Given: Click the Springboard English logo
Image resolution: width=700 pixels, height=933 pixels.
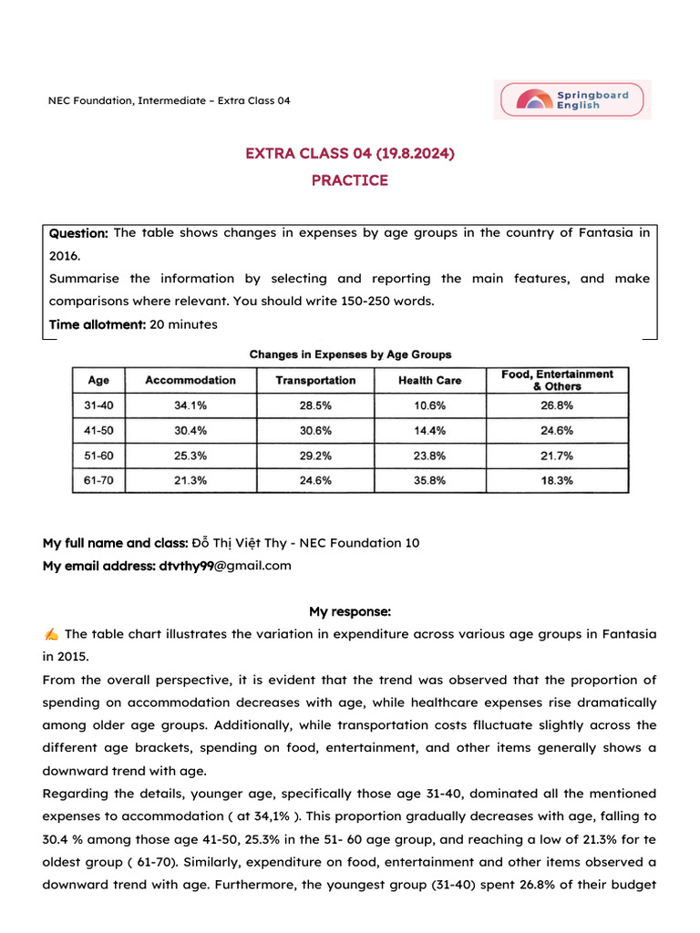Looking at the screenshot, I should [x=573, y=99].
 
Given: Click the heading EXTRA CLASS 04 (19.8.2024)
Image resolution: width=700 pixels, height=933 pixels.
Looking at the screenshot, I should [x=350, y=153].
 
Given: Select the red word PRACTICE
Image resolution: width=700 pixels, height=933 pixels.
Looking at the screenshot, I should [x=350, y=180].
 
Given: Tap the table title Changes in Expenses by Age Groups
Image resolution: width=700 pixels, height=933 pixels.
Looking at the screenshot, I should [x=350, y=354].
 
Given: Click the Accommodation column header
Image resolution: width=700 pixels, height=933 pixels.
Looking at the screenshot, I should [x=190, y=380].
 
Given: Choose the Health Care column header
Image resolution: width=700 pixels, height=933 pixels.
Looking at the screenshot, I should [x=429, y=380].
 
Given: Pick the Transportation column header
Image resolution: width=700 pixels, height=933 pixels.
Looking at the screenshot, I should [x=315, y=380].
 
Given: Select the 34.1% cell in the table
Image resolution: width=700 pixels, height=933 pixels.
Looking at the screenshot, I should [x=190, y=405].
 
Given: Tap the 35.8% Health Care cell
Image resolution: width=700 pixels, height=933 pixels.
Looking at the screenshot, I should [x=429, y=480].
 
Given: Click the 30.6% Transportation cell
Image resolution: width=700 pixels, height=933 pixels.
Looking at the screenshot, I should [x=315, y=430].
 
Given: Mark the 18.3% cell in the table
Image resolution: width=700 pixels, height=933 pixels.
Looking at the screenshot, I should [x=557, y=480].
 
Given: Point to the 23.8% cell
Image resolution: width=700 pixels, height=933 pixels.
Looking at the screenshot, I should [x=429, y=456].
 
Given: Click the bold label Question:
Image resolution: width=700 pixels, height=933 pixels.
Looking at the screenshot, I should [x=78, y=233].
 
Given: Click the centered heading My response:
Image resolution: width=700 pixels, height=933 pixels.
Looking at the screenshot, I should [x=350, y=611].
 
